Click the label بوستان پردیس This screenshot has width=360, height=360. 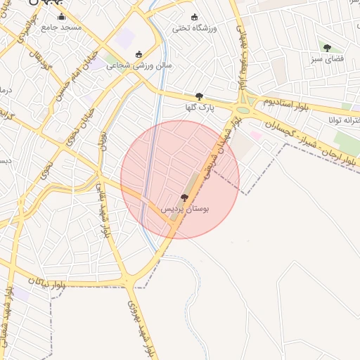(x=185, y=210)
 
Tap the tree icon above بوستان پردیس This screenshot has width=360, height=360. (x=184, y=198)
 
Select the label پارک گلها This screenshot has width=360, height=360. (x=198, y=108)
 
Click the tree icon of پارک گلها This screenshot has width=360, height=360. (x=199, y=97)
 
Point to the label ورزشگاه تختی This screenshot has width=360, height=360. (x=195, y=29)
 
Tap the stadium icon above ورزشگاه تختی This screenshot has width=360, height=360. (x=195, y=18)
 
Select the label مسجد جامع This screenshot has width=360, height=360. (x=61, y=27)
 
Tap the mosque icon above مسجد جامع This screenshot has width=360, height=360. (x=61, y=16)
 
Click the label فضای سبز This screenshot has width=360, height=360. (x=327, y=59)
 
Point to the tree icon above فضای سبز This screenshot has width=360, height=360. (x=327, y=48)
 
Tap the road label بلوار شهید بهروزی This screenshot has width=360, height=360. (x=140, y=327)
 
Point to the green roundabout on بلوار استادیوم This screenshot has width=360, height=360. (x=243, y=109)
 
